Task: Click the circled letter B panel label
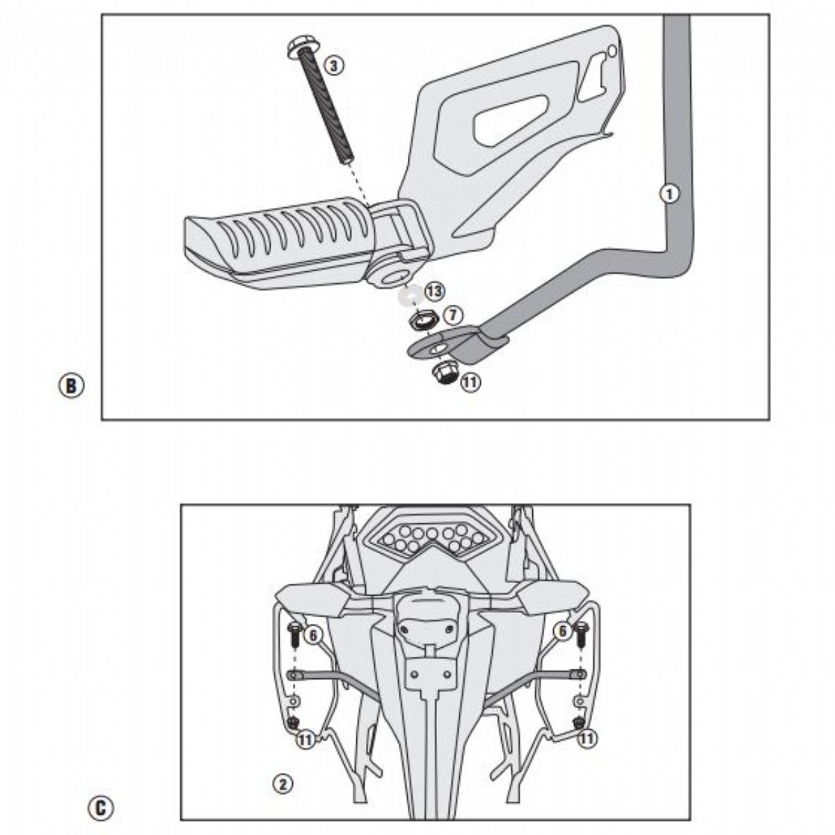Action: pos(71,386)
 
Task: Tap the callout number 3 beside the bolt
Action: pos(334,65)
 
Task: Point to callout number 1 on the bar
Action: pos(669,194)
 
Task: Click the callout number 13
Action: pos(434,292)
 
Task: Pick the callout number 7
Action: pos(452,315)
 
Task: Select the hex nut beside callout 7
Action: pos(422,321)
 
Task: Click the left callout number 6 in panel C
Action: pos(312,633)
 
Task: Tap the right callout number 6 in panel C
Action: pos(562,632)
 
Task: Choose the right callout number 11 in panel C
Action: pos(588,738)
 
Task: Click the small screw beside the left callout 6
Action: pos(293,634)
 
